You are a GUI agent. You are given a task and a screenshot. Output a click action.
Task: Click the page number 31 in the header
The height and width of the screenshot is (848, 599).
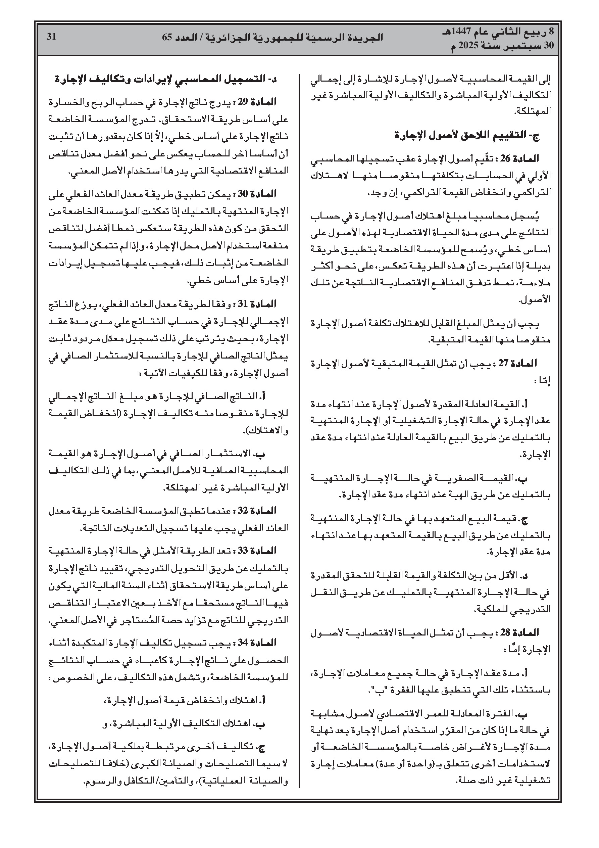[51, 37]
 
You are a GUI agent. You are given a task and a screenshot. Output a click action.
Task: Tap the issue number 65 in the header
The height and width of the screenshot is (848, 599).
[167, 37]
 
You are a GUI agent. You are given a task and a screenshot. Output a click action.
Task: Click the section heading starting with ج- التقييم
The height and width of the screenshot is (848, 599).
[467, 136]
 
